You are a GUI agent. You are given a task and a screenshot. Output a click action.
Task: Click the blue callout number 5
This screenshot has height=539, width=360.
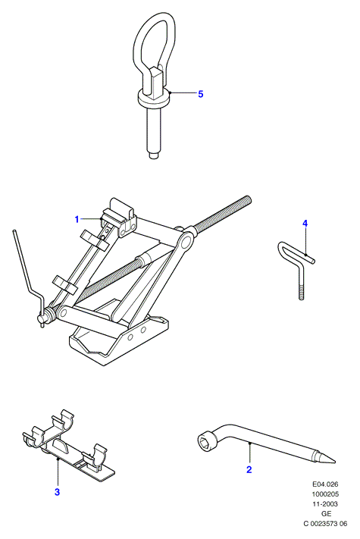201,94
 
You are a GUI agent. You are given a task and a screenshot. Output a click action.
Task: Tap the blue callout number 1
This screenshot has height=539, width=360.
77,219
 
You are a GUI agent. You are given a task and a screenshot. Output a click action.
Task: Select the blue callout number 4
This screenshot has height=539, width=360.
305,224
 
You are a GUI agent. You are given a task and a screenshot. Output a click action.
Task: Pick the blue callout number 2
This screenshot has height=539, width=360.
249,469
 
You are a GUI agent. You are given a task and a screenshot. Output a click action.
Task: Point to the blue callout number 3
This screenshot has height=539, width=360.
57,492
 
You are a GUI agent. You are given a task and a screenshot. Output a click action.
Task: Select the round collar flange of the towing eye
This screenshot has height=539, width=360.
154,99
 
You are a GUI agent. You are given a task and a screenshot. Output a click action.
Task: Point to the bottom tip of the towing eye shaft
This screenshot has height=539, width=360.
155,156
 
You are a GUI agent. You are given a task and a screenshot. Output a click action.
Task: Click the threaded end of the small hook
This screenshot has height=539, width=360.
302,293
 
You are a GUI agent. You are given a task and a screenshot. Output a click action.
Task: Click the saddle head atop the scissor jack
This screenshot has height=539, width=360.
121,215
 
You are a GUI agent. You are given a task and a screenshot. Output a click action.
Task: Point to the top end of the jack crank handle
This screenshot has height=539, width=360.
14,231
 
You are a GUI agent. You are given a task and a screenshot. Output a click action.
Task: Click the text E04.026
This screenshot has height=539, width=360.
325,484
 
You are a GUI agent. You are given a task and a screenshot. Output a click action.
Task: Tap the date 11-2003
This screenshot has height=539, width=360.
325,504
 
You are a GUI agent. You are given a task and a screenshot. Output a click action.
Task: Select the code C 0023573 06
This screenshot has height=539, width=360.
325,524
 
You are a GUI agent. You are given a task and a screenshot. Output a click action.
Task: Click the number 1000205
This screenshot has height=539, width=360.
325,494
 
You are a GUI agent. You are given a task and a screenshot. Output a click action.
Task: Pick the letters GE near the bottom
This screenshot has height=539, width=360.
327,513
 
